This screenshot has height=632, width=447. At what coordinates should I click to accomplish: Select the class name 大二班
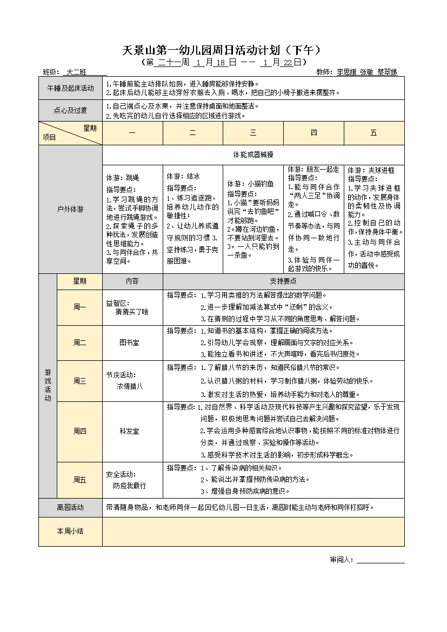click(76, 72)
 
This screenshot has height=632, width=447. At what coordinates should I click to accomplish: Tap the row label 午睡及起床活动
click(70, 88)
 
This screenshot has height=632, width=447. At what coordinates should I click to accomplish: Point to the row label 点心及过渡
click(70, 111)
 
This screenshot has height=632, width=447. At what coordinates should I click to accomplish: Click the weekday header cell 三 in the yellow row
click(253, 133)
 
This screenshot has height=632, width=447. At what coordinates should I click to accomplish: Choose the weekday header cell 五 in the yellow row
click(373, 133)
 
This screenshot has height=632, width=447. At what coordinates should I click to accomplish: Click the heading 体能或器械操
click(253, 154)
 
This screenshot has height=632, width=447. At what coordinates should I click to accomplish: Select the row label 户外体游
click(70, 209)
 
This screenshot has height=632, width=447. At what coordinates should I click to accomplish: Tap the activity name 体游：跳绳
click(123, 177)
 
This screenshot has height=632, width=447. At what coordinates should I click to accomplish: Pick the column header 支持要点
click(283, 281)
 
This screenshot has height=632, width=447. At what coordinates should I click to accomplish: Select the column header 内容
click(132, 281)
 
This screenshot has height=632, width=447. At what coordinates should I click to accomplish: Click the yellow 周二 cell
click(79, 342)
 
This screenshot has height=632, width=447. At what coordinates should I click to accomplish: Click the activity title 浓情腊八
click(130, 386)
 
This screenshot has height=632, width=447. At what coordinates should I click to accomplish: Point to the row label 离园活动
click(70, 507)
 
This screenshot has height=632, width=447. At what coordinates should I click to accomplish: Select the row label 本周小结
click(70, 531)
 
